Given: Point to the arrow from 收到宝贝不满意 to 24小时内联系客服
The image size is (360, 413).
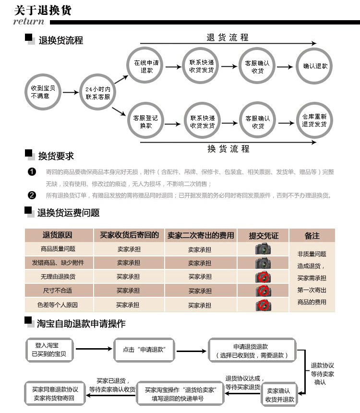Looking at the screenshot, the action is [71, 92].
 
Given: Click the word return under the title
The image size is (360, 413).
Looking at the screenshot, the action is [29, 21].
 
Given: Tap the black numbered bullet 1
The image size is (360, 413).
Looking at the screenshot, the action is [32, 172].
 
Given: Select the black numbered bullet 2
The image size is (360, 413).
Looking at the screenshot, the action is [32, 195].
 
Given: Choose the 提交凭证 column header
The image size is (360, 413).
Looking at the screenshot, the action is [264, 235].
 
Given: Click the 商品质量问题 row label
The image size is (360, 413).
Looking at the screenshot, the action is [58, 249].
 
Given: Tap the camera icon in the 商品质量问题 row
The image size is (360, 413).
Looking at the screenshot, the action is [263, 249].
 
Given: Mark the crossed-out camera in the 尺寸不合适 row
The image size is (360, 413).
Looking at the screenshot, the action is [264, 291].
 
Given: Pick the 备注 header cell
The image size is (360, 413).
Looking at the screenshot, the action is [312, 235].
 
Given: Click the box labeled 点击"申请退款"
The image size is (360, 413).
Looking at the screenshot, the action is [144, 350].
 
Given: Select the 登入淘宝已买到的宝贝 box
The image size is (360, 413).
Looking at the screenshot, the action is [49, 350].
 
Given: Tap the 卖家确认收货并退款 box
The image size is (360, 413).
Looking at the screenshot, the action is [279, 394].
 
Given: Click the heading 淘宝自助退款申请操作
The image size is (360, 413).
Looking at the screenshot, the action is [81, 324].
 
